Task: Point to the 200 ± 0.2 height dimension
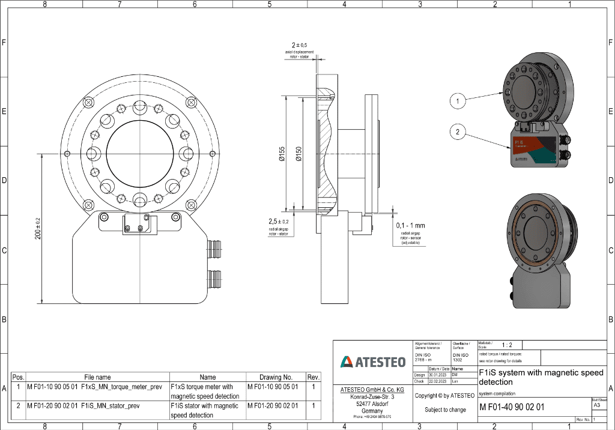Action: (x=38, y=228)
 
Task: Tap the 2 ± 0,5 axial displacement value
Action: (x=299, y=45)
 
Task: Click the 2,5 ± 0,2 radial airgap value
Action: (x=278, y=222)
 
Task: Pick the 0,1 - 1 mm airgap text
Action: (x=410, y=225)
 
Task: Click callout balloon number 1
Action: (x=458, y=101)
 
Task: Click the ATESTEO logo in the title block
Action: (x=373, y=362)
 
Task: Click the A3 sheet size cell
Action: (x=596, y=405)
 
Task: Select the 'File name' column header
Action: (x=97, y=377)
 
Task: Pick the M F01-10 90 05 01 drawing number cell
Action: (x=273, y=387)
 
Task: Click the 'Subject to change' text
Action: (x=445, y=410)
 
